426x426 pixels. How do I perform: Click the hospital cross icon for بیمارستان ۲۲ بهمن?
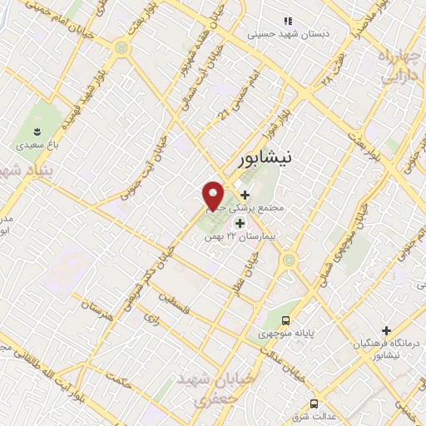(240, 223)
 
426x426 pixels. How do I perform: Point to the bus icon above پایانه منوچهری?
(286, 319)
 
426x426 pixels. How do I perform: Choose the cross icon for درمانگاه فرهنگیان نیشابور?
(384, 329)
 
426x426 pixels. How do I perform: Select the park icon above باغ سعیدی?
(37, 131)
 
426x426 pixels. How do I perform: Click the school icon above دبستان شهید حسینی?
(287, 21)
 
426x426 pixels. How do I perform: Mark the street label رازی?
(151, 317)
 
